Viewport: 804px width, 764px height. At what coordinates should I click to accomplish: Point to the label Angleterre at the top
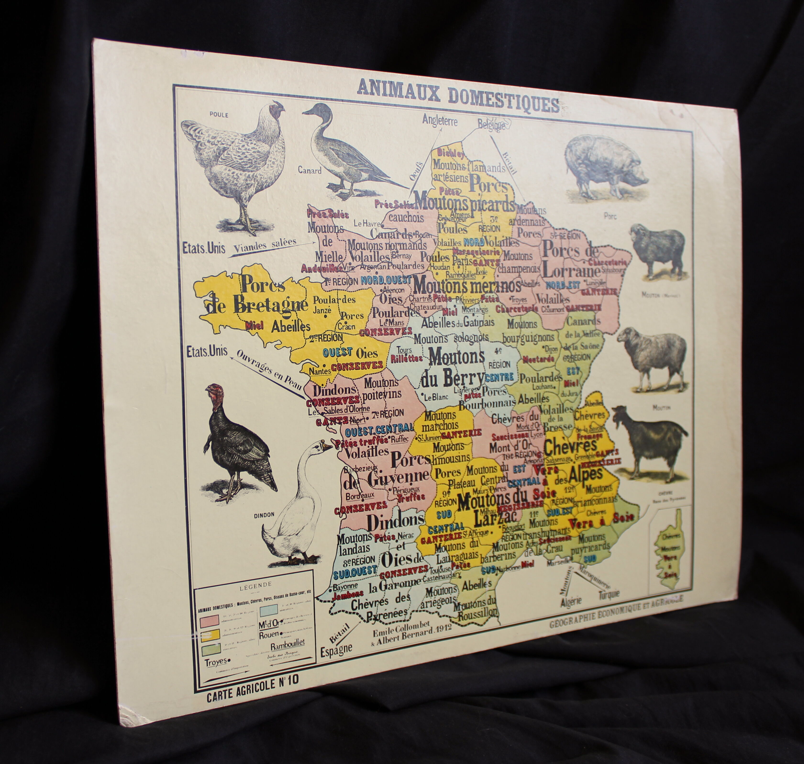pyautogui.click(x=440, y=121)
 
